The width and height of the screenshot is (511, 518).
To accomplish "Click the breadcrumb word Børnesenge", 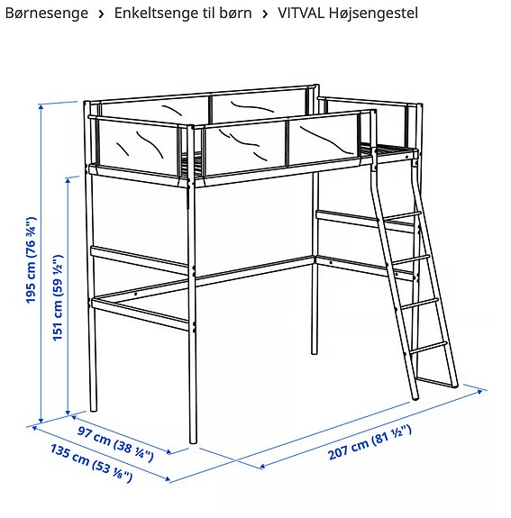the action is pyautogui.click(x=47, y=14).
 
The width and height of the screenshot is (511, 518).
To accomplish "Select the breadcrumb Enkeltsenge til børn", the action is pyautogui.click(x=183, y=14).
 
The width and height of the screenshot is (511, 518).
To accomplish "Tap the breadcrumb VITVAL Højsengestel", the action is pyautogui.click(x=348, y=14).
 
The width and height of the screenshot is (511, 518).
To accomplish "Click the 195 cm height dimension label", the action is pyautogui.click(x=31, y=260).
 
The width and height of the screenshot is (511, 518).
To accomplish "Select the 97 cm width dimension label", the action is pyautogui.click(x=115, y=443).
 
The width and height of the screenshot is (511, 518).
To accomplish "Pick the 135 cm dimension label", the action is pyautogui.click(x=91, y=463).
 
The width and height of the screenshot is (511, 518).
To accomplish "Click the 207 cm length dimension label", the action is pyautogui.click(x=370, y=442).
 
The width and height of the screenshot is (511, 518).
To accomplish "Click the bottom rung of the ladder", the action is pyautogui.click(x=428, y=348).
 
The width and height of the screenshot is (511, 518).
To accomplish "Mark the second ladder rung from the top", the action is pyautogui.click(x=409, y=259).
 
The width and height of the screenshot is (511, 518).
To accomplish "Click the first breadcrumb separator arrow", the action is pyautogui.click(x=102, y=14).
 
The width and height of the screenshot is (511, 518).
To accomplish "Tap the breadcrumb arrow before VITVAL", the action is pyautogui.click(x=265, y=14).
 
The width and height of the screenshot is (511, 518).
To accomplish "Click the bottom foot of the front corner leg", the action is pyautogui.click(x=193, y=441).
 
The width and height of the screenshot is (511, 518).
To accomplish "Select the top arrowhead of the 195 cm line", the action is pyautogui.click(x=41, y=106).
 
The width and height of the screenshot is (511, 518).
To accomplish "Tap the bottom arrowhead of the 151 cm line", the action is pyautogui.click(x=68, y=412).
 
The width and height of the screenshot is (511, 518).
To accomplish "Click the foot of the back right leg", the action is pyautogui.click(x=315, y=352).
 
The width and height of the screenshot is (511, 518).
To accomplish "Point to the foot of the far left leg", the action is pyautogui.click(x=94, y=409).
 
